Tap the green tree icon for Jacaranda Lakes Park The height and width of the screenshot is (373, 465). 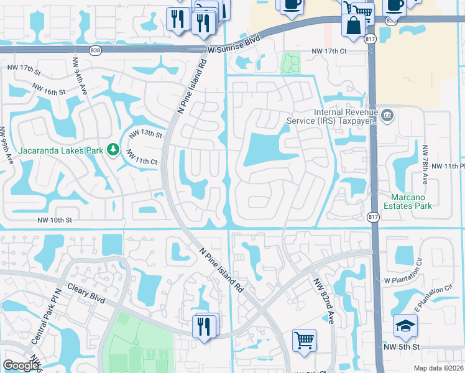click(x=113, y=150)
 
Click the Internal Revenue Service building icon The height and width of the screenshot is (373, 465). click(x=387, y=115)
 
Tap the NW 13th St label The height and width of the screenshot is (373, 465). click(x=145, y=134)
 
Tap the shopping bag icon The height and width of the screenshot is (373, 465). click(x=353, y=25)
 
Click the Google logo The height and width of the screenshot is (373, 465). click(x=21, y=366)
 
